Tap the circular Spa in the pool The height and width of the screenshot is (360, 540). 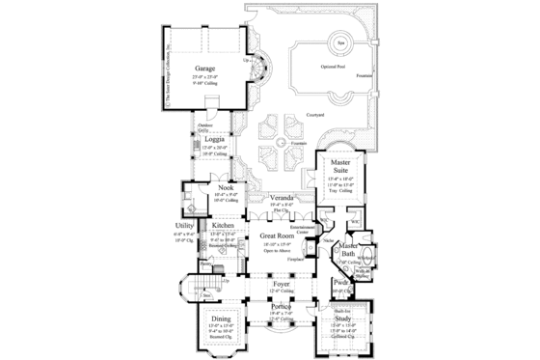coord(340,42)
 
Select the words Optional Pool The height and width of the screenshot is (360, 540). coord(338,68)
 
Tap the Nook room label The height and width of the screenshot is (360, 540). coord(226,187)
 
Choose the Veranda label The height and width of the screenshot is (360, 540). coord(282,197)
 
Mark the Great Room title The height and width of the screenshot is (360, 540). coord(278,236)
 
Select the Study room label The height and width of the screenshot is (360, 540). coord(343,318)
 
